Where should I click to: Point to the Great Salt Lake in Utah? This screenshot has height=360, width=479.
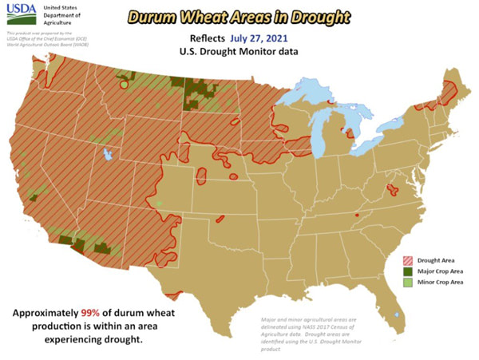(107, 155)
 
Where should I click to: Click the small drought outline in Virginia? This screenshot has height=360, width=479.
(393, 189)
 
